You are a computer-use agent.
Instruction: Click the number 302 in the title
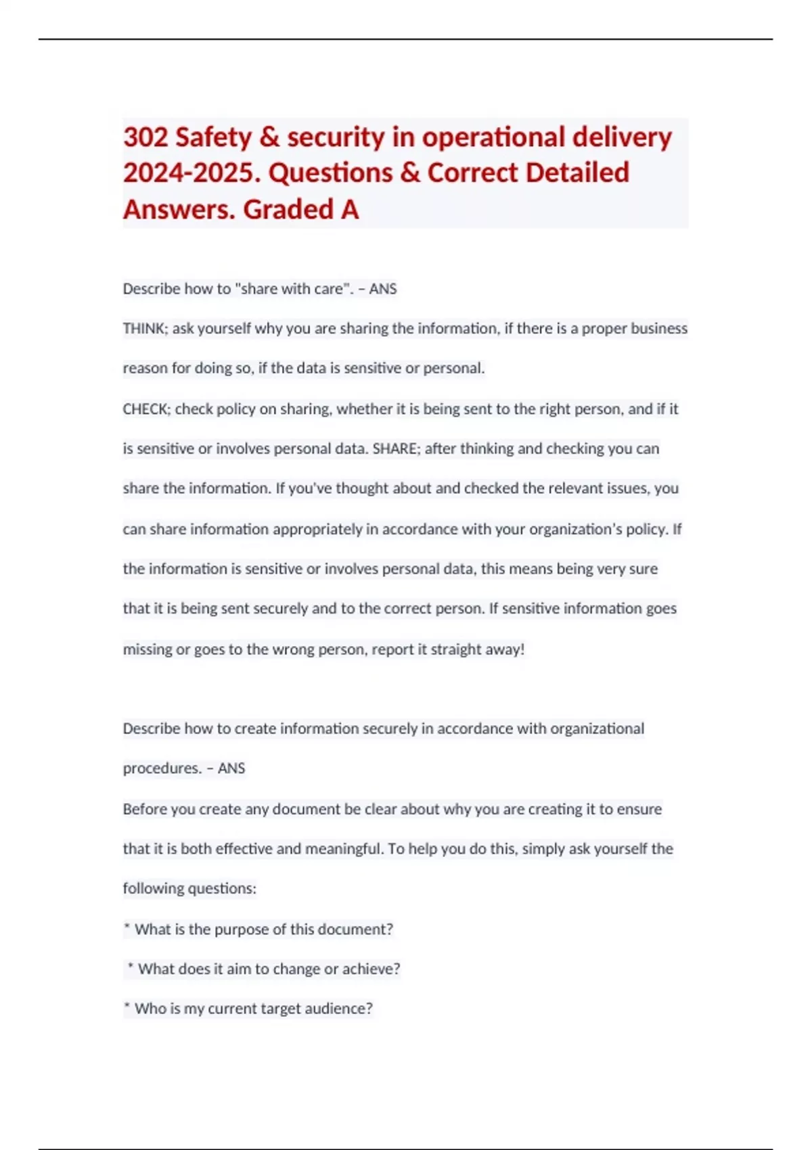pyautogui.click(x=145, y=137)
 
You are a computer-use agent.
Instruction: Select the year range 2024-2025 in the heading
pyautogui.click(x=191, y=173)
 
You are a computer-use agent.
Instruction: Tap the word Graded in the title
pyautogui.click(x=288, y=210)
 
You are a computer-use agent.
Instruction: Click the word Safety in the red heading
pyautogui.click(x=213, y=137)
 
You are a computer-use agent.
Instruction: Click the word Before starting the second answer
pyautogui.click(x=147, y=809)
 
